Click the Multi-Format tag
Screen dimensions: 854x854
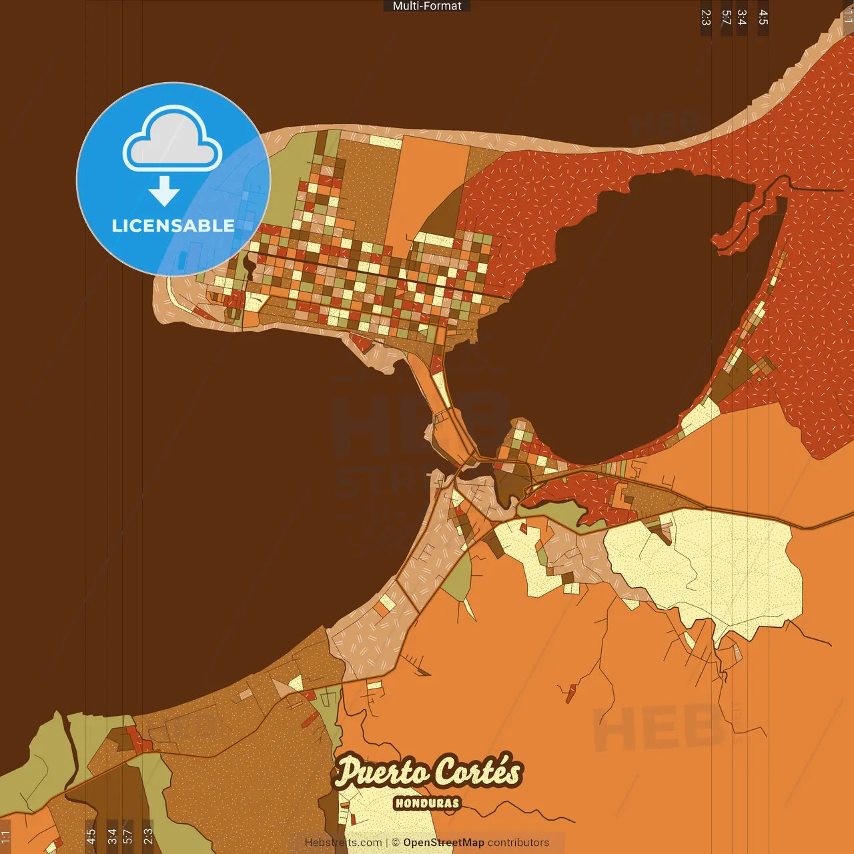pos(427,6)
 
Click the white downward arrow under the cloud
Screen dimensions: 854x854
pos(164,191)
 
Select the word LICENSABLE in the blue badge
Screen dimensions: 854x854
pos(173,226)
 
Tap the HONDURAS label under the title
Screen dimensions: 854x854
pos(427,803)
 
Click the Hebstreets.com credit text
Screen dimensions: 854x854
pos(343,843)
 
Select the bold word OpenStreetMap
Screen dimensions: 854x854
pos(443,843)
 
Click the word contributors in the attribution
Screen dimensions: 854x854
pos(518,843)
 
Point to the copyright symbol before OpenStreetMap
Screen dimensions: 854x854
pos(396,843)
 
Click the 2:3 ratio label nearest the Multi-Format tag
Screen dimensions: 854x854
pos(706,17)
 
